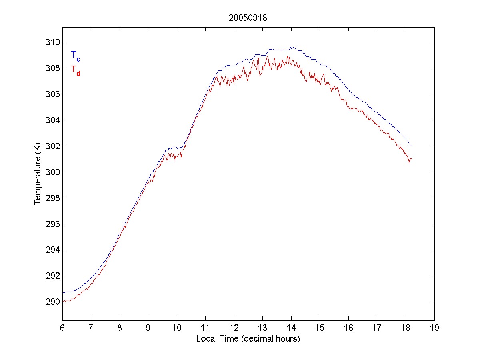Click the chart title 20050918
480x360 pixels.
pos(248,18)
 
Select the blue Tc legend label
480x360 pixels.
pos(75,56)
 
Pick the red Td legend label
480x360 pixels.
pos(75,70)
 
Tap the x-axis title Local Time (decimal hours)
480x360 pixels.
pos(248,339)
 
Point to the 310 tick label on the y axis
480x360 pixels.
pos(53,42)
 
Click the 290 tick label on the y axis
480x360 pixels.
pos(53,302)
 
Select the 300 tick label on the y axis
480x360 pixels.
pos(53,172)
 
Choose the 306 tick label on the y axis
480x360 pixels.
pos(53,94)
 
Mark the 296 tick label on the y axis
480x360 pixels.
pos(53,224)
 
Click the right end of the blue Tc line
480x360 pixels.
pos(411,145)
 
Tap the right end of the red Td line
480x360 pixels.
pos(411,159)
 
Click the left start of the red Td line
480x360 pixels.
pos(63,301)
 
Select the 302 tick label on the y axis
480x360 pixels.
pos(53,146)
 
